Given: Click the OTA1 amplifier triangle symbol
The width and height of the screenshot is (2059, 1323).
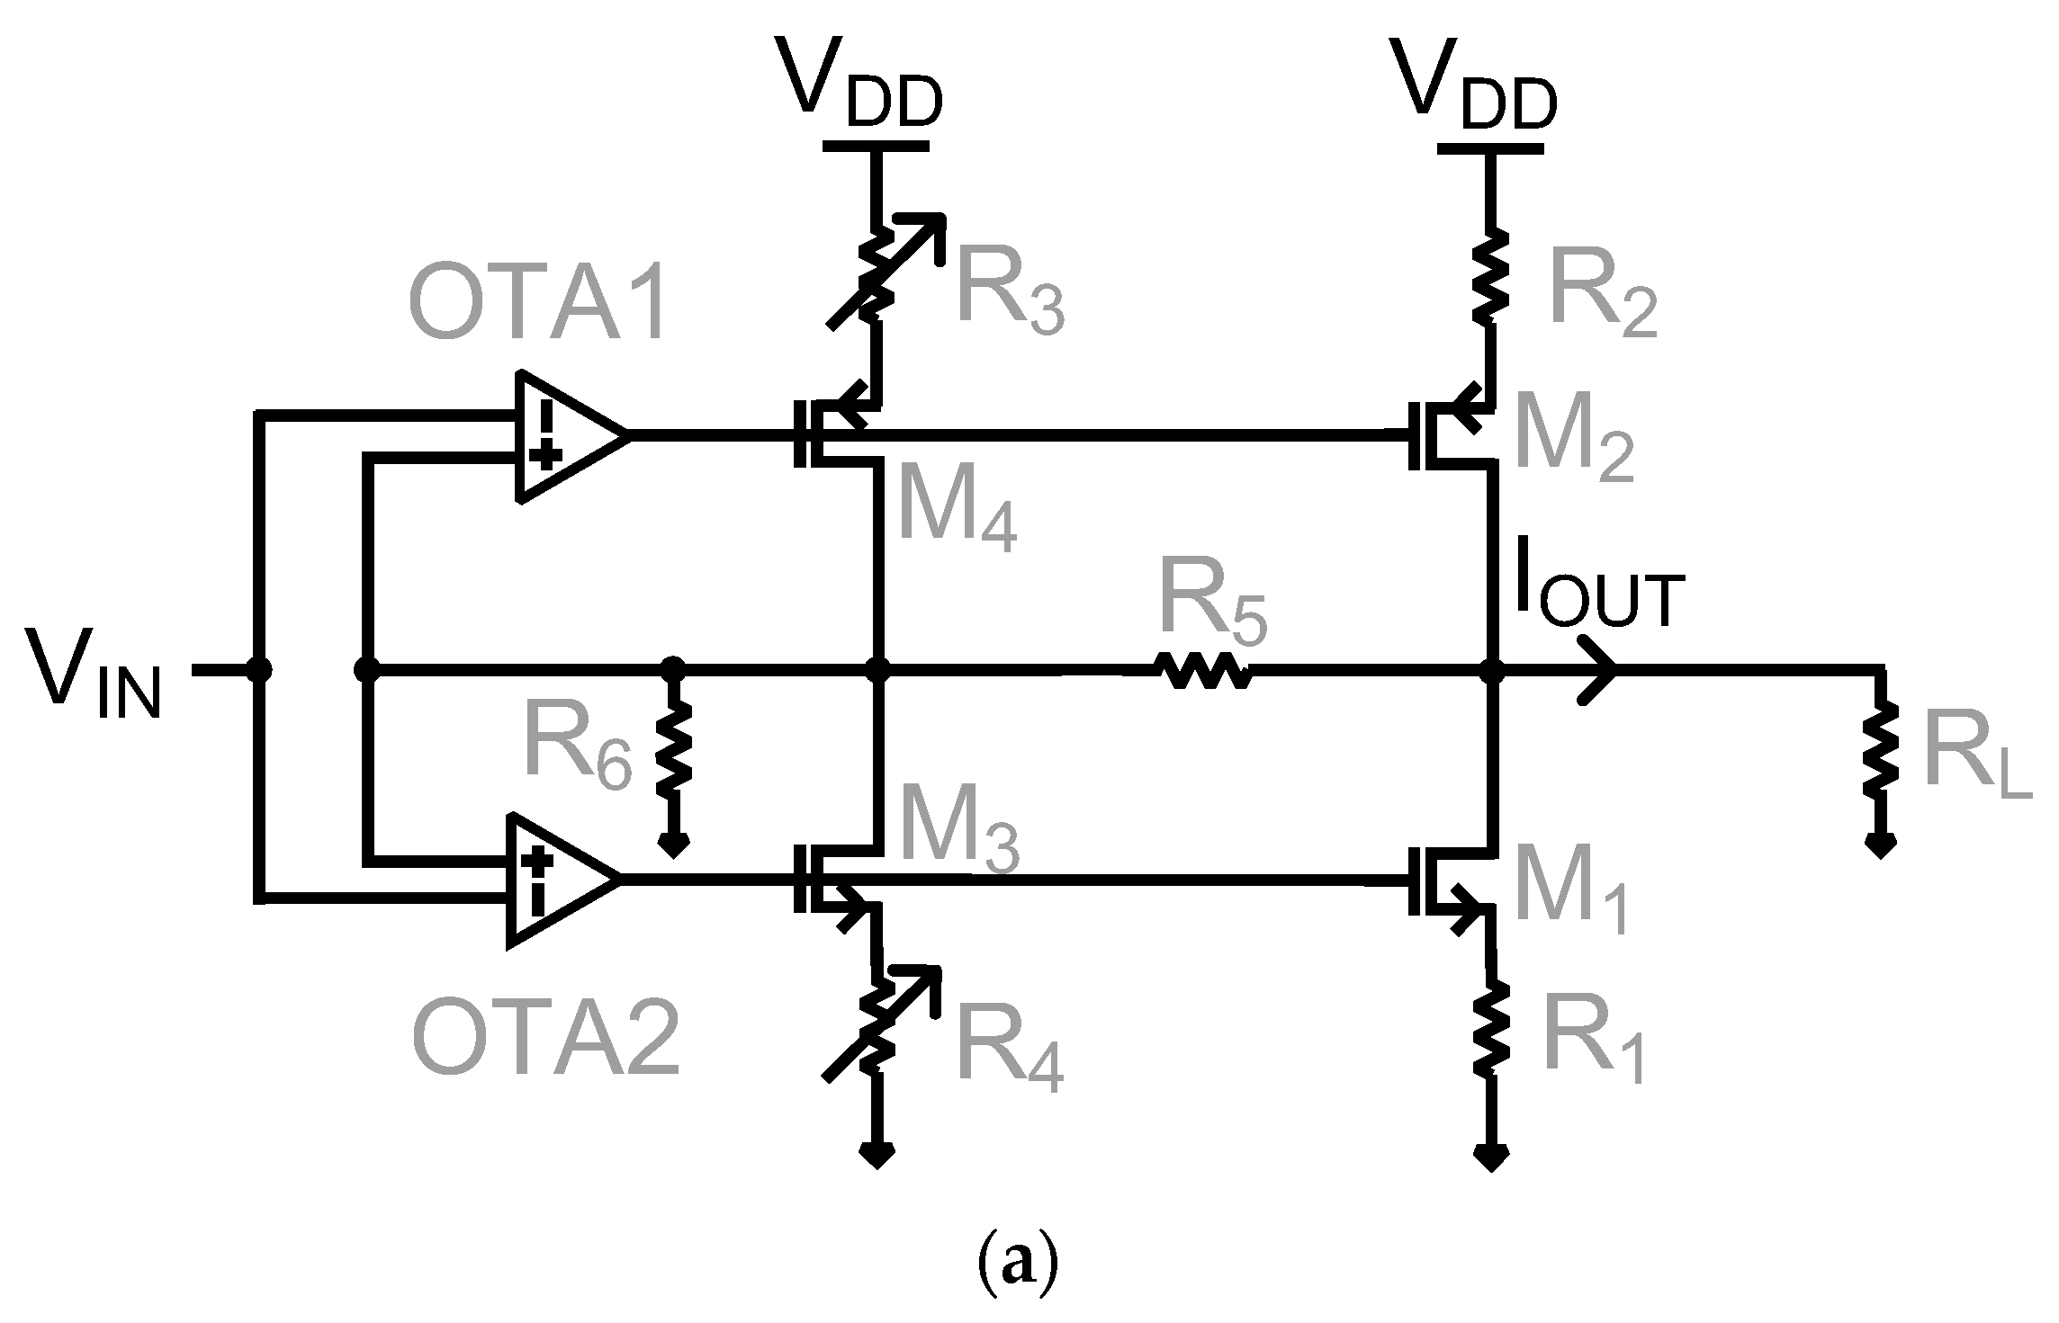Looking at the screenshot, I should (x=562, y=435).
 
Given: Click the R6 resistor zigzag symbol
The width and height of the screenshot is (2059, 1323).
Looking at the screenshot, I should (x=674, y=748).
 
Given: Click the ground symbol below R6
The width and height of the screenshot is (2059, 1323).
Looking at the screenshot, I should (x=674, y=844).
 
